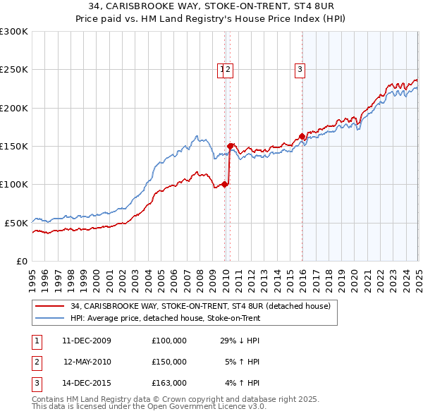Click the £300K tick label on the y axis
14,32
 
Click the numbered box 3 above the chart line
300,69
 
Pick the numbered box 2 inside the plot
229,69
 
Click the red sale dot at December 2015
302,136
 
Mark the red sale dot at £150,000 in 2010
231,146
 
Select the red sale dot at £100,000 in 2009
225,185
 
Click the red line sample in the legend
50,307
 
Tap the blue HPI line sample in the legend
50,318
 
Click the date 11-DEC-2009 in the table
87,341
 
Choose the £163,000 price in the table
169,383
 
